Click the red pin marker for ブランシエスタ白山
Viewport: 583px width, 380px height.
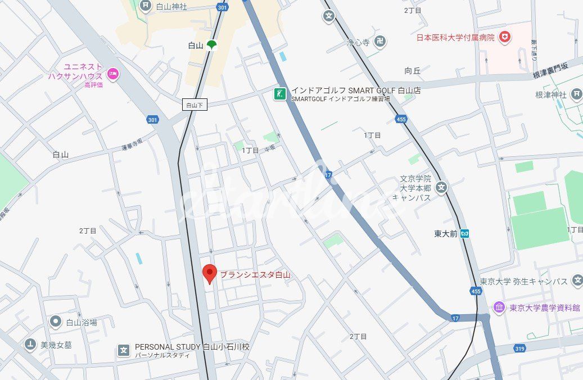coord(209,273)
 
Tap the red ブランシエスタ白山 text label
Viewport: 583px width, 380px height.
coord(255,275)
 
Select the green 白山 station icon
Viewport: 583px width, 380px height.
coord(211,46)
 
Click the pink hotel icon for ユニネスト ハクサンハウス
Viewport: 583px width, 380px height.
coord(113,74)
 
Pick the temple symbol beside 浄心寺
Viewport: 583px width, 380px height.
coord(381,42)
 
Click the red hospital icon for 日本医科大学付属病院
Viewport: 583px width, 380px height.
coord(505,37)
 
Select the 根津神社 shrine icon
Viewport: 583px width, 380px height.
coord(576,94)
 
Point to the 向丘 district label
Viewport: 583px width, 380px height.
coord(412,71)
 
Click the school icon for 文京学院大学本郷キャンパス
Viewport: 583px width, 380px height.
coord(441,187)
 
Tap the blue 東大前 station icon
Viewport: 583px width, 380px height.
coord(464,234)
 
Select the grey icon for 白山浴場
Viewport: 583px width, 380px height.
coord(55,322)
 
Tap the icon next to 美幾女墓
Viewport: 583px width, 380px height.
coord(30,345)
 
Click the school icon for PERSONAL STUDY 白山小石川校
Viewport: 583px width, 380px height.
coord(124,351)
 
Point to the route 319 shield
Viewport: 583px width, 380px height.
coord(519,349)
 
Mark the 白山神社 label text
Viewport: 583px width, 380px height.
coord(171,7)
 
